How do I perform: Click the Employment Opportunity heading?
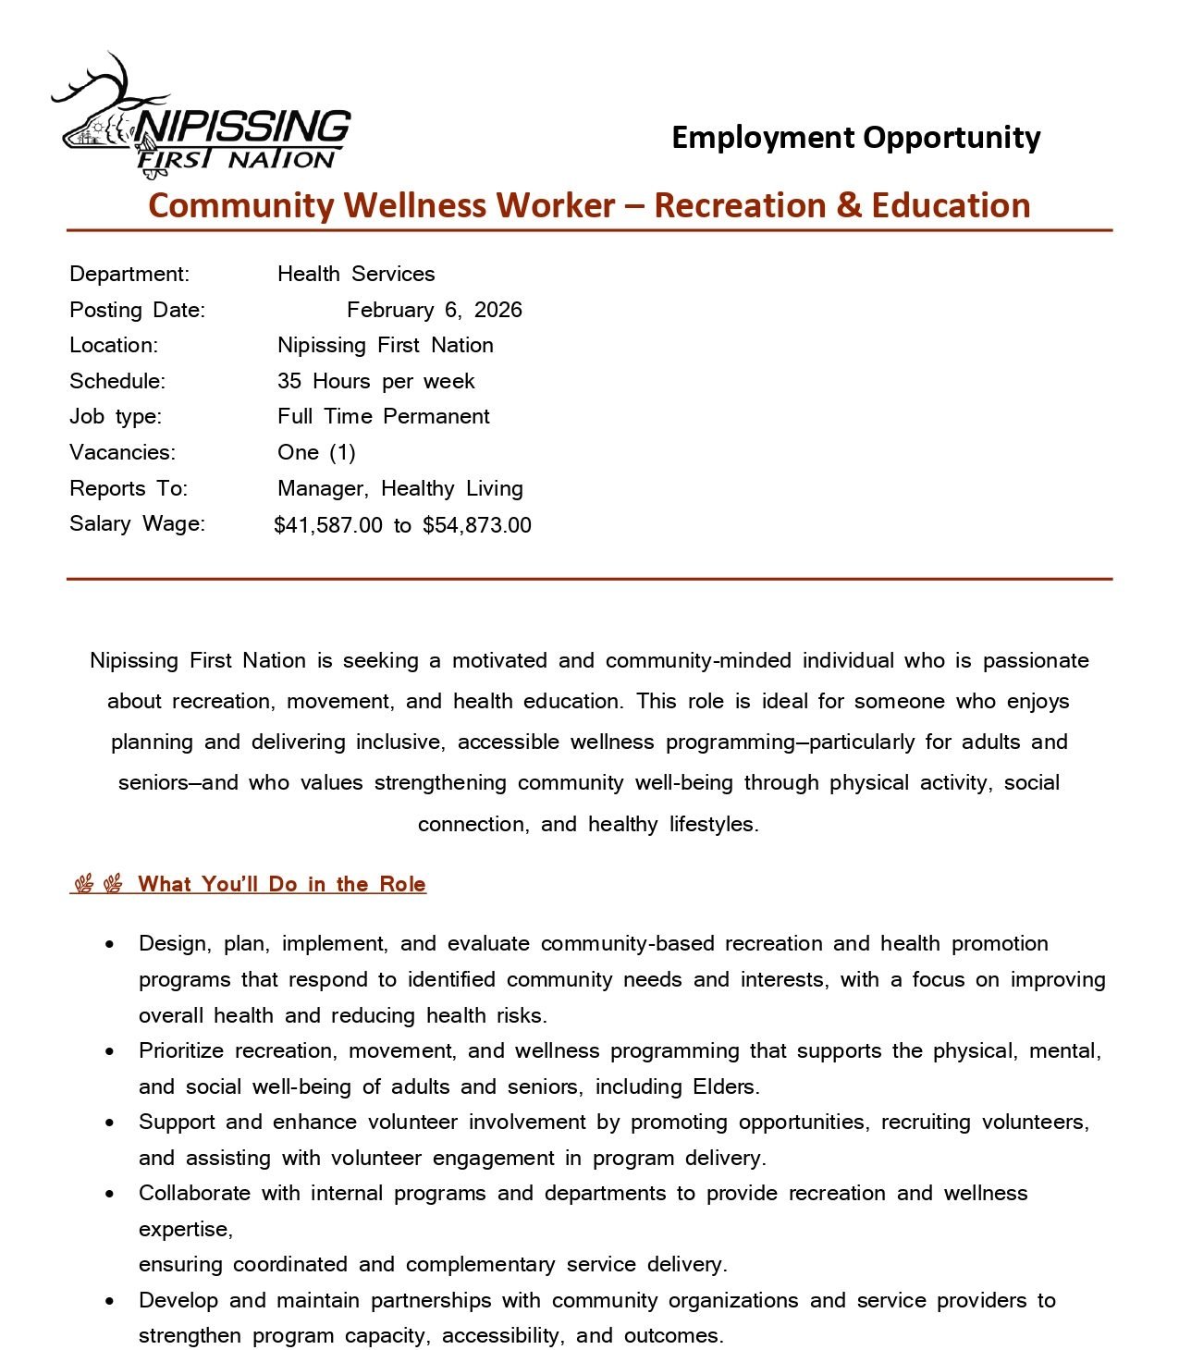pos(855,138)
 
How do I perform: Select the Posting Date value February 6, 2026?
pos(434,310)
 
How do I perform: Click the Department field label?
pos(129,274)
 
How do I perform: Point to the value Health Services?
pos(356,274)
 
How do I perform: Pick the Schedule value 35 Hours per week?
pos(375,381)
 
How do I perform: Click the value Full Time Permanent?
pos(383,416)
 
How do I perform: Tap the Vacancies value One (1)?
pos(316,452)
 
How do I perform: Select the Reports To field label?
pos(129,488)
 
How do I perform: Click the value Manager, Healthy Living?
pos(399,488)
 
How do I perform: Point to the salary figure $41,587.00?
pos(328,525)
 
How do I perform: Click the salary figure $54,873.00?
pos(477,525)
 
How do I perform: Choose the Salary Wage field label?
pos(138,523)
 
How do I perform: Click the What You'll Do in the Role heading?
pos(281,884)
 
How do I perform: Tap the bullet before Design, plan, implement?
pos(111,945)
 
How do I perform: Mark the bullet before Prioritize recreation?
pos(111,1052)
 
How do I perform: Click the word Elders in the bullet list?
pos(724,1086)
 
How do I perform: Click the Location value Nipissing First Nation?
pos(385,345)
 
